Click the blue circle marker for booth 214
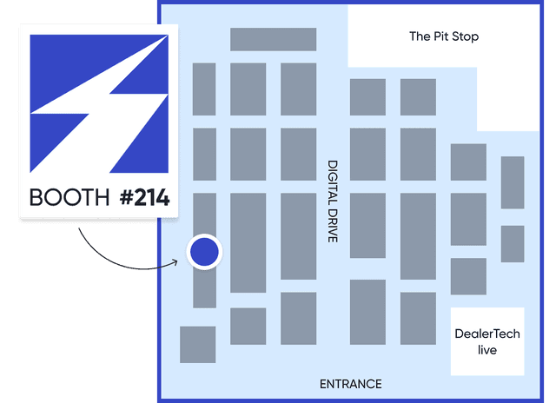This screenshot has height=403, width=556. click(204, 252)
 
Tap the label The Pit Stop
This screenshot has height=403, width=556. click(444, 36)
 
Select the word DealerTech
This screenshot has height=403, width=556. click(487, 334)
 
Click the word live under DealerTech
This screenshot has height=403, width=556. click(487, 350)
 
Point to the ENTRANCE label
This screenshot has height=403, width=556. click(350, 384)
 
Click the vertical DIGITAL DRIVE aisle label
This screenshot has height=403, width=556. click(333, 201)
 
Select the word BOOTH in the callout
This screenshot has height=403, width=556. click(69, 198)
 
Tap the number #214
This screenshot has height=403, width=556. click(144, 198)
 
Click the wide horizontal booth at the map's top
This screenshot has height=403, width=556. click(273, 39)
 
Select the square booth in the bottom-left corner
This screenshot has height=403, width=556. click(197, 344)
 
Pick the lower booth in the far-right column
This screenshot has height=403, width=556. click(513, 243)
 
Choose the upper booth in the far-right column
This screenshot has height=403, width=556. click(513, 182)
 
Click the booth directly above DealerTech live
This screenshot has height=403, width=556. click(468, 276)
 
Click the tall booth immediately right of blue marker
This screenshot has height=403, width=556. click(248, 242)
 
